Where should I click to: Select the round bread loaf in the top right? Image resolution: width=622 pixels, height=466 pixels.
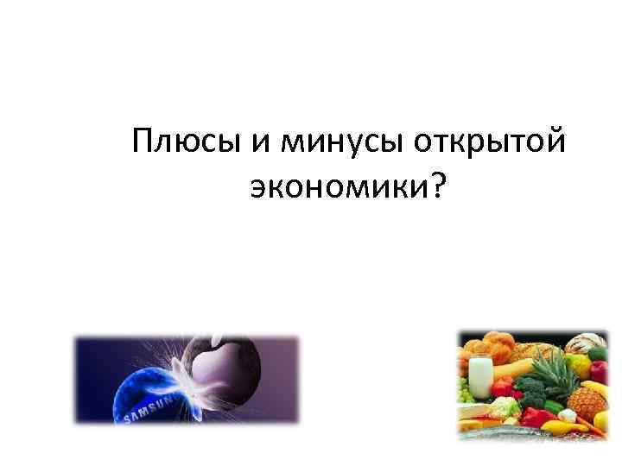[586, 345]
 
